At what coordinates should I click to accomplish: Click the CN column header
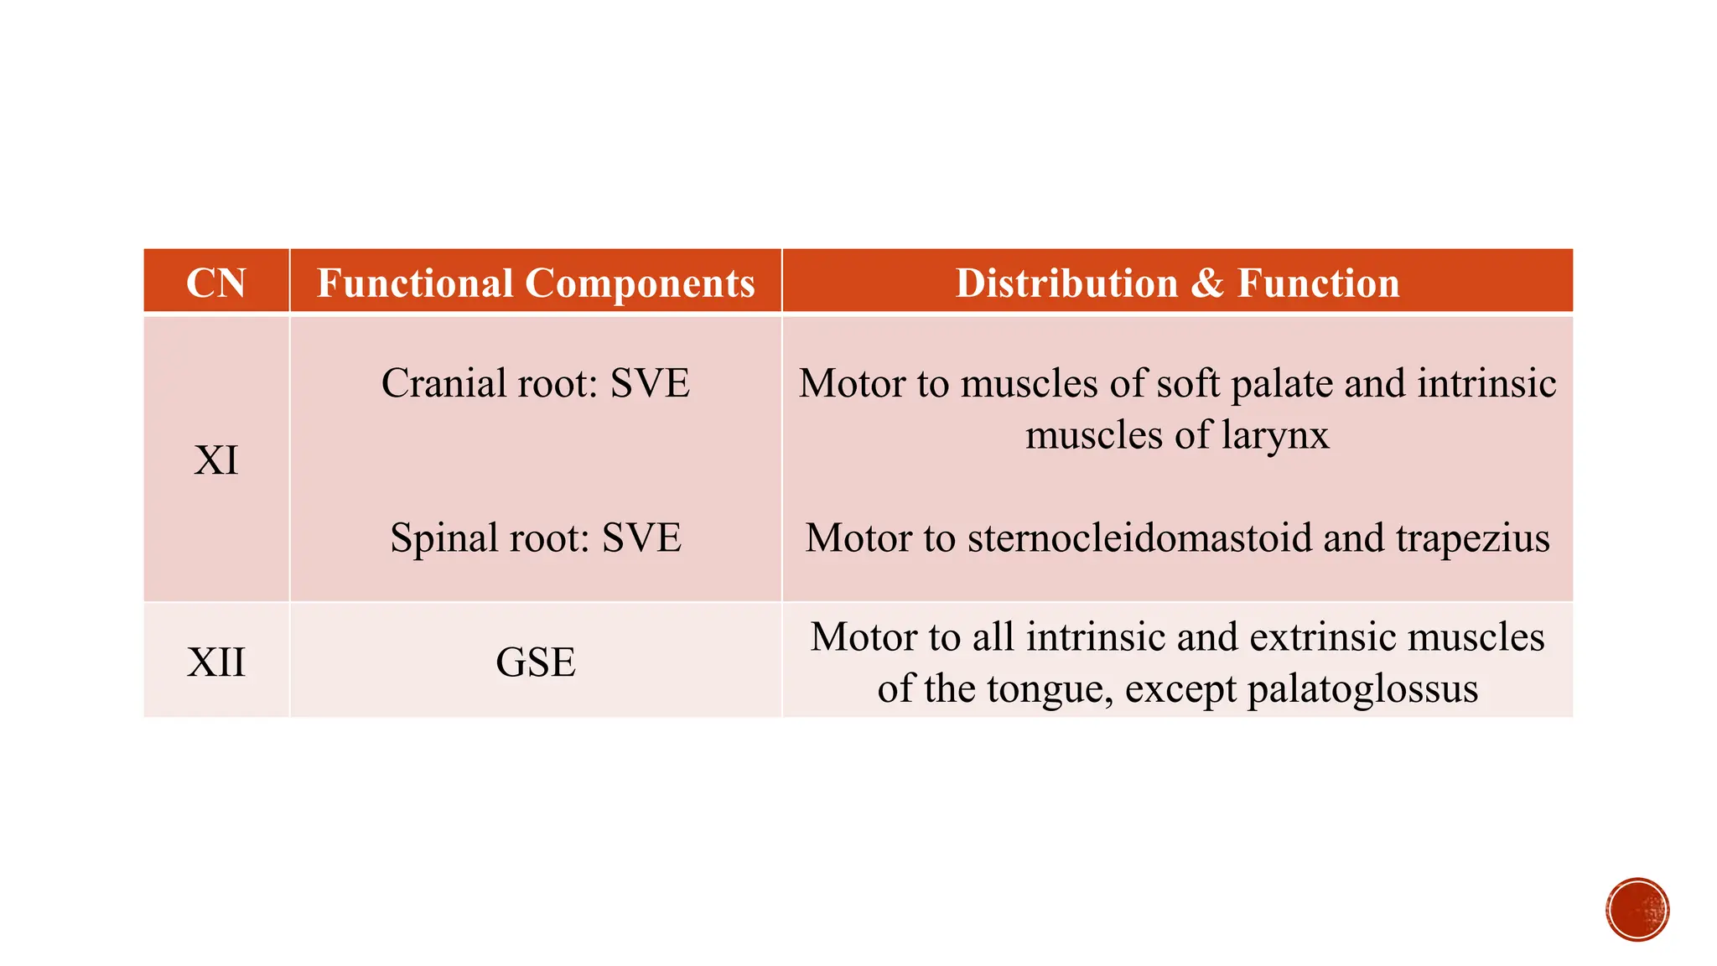point(215,283)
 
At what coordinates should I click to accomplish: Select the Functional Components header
point(536,283)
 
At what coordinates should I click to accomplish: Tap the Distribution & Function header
point(1177,283)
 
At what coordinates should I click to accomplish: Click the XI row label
point(215,460)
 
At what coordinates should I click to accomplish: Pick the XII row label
point(215,662)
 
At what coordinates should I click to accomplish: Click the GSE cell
point(536,662)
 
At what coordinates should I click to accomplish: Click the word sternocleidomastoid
point(1139,538)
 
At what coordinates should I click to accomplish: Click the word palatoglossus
point(1362,690)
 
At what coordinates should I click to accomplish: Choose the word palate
point(1283,385)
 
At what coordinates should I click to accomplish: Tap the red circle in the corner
point(1637,909)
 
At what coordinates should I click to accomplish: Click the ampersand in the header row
point(1207,283)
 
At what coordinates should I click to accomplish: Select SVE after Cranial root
point(650,383)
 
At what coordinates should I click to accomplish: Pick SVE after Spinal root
point(641,538)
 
